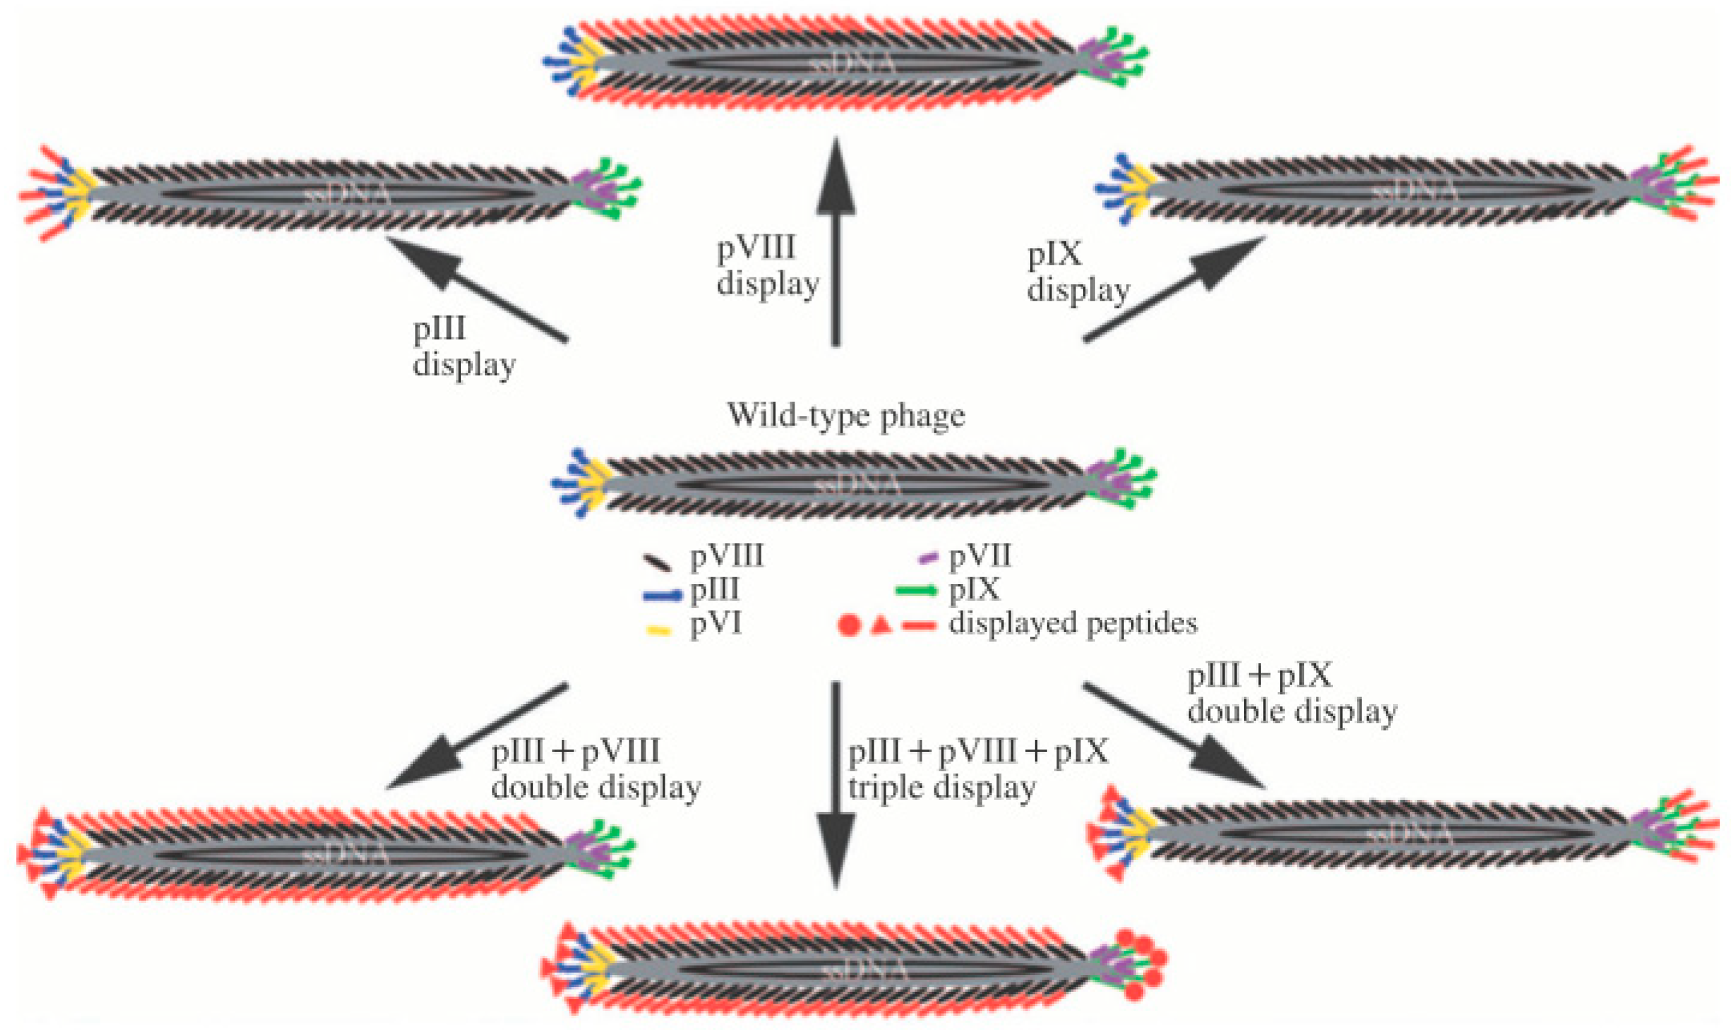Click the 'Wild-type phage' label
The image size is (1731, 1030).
pyautogui.click(x=845, y=416)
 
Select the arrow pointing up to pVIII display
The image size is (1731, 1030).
pyautogui.click(x=836, y=240)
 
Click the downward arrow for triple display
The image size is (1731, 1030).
pyautogui.click(x=836, y=783)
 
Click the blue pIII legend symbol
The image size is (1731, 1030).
pyautogui.click(x=662, y=595)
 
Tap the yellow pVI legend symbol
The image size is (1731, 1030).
pyautogui.click(x=658, y=630)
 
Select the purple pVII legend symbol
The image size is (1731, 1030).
pyautogui.click(x=927, y=557)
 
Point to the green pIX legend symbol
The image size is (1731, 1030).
pyautogui.click(x=915, y=590)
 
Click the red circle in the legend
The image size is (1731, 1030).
pyautogui.click(x=849, y=625)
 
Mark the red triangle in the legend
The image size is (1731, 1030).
pyautogui.click(x=881, y=625)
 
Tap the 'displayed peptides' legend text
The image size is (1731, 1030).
pyautogui.click(x=1073, y=624)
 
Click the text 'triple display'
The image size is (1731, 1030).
pyautogui.click(x=941, y=788)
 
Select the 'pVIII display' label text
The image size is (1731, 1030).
pyautogui.click(x=767, y=266)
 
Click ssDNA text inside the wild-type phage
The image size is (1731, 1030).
pyautogui.click(x=857, y=486)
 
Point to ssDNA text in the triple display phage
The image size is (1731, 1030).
pyautogui.click(x=865, y=971)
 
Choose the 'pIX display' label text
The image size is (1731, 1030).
pyautogui.click(x=1078, y=272)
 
